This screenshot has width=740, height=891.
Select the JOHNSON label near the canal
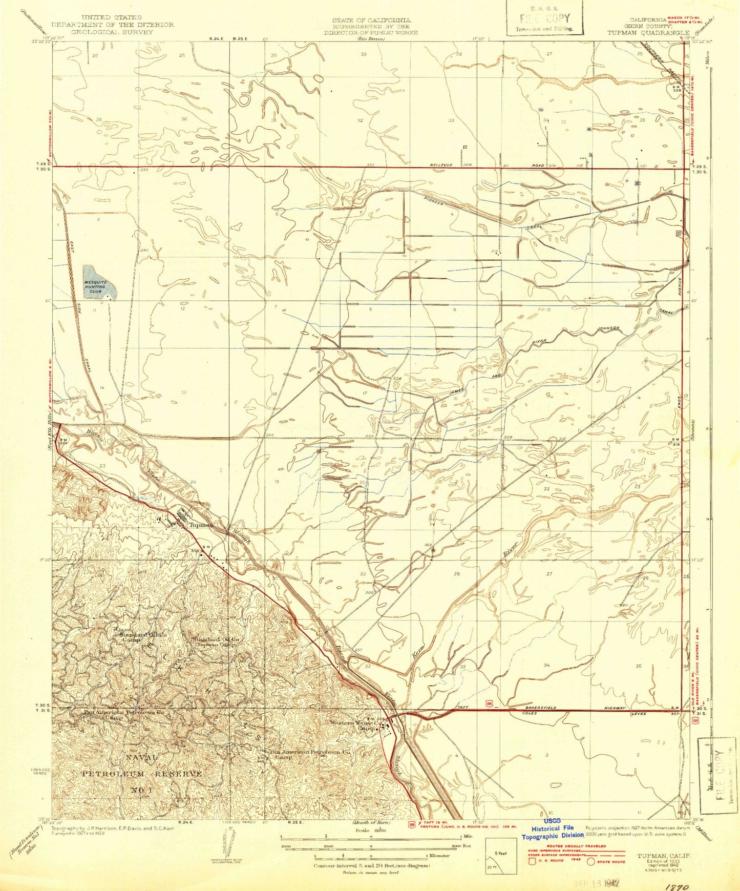[608, 328]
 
